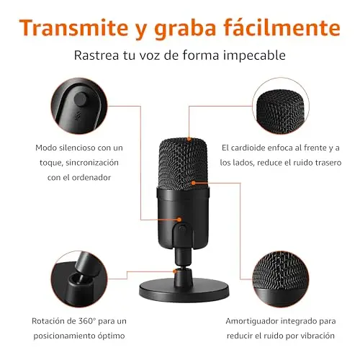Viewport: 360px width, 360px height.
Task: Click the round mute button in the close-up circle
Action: point(80,99)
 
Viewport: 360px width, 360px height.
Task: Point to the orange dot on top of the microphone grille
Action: point(189,139)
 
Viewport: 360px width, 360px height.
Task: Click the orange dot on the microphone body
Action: point(179,220)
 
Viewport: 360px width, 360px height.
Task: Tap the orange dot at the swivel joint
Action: point(175,271)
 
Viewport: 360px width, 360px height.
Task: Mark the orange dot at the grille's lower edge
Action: point(194,183)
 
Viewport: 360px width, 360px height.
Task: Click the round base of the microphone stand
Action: point(184,290)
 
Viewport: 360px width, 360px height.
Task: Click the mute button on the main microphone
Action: point(182,228)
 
